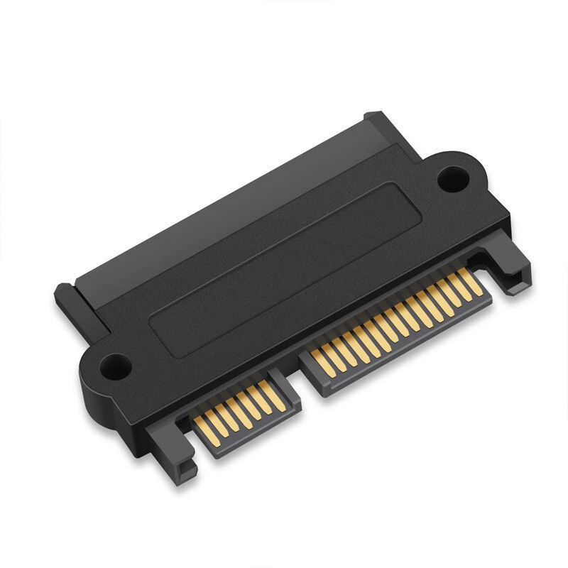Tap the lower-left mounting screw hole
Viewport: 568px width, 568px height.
click(114, 368)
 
